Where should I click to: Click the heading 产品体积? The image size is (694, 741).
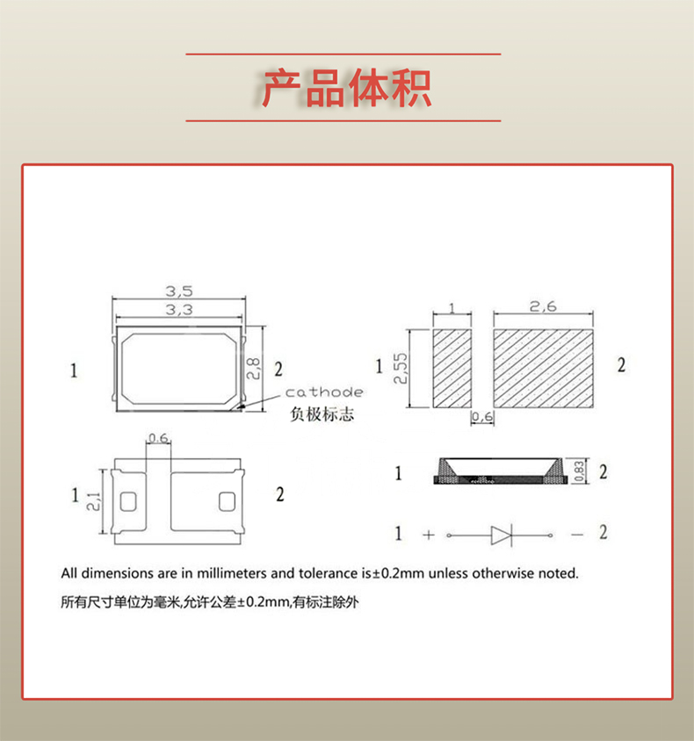[346, 88]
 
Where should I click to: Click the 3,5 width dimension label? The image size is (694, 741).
[179, 291]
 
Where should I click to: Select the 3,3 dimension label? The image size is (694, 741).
[179, 310]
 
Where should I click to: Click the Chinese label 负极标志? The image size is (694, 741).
[322, 414]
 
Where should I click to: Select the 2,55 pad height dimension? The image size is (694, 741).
[401, 370]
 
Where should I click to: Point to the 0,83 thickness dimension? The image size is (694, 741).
[580, 471]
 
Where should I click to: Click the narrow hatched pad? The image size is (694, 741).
[452, 369]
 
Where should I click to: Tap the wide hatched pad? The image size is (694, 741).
[545, 369]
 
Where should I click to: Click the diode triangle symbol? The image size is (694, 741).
[501, 534]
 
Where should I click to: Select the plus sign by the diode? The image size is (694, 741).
[428, 534]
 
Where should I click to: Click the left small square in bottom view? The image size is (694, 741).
[128, 502]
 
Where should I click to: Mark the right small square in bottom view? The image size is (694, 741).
[225, 502]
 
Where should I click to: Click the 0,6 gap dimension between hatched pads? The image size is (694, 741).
[481, 416]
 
